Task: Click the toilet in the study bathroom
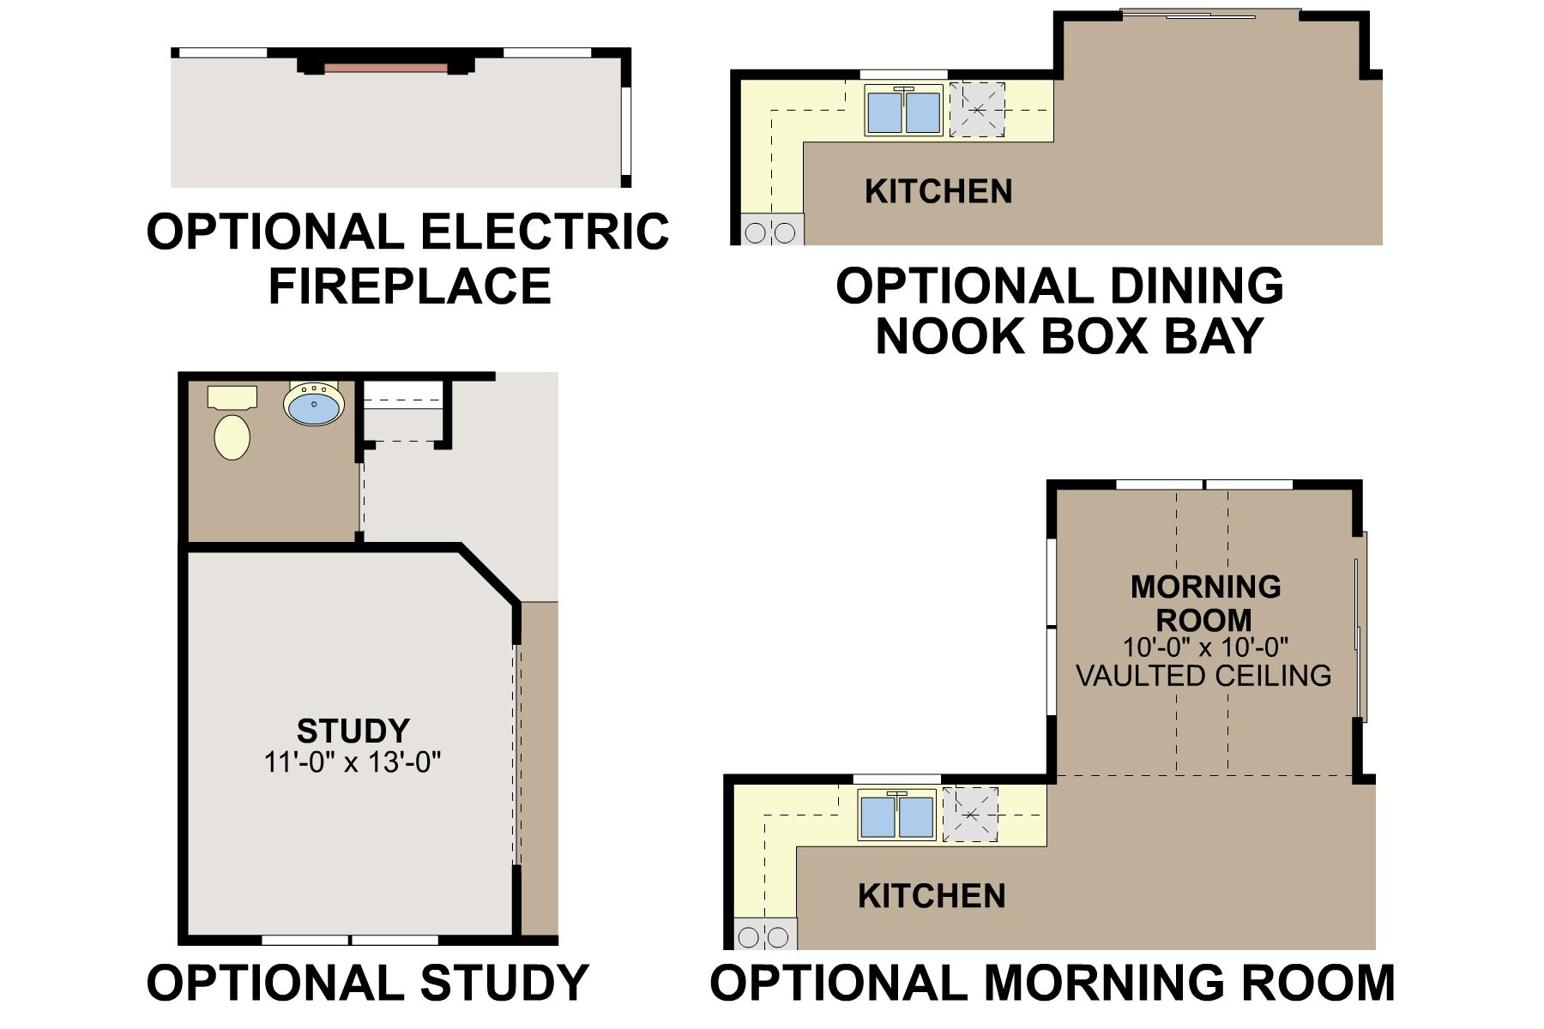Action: pos(232,424)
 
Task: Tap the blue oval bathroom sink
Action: pos(314,404)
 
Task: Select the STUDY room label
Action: pos(353,731)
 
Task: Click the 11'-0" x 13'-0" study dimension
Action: pos(353,762)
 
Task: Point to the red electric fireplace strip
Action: pos(386,68)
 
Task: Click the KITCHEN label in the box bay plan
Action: pos(938,191)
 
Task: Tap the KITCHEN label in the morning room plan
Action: pos(932,896)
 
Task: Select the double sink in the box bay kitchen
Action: pos(904,111)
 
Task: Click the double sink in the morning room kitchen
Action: pos(897,815)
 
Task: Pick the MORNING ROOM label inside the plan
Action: pos(1205,604)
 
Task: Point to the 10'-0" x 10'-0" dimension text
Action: pos(1206,647)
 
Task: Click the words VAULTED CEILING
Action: pos(1203,676)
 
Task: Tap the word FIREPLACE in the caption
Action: pos(410,286)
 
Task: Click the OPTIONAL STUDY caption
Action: pos(367,983)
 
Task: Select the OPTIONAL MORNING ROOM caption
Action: pos(1052,983)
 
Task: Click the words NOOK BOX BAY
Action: pos(1070,336)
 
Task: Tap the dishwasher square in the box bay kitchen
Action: pos(977,110)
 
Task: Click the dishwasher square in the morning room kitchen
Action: pos(970,815)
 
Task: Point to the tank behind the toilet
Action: pos(232,396)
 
